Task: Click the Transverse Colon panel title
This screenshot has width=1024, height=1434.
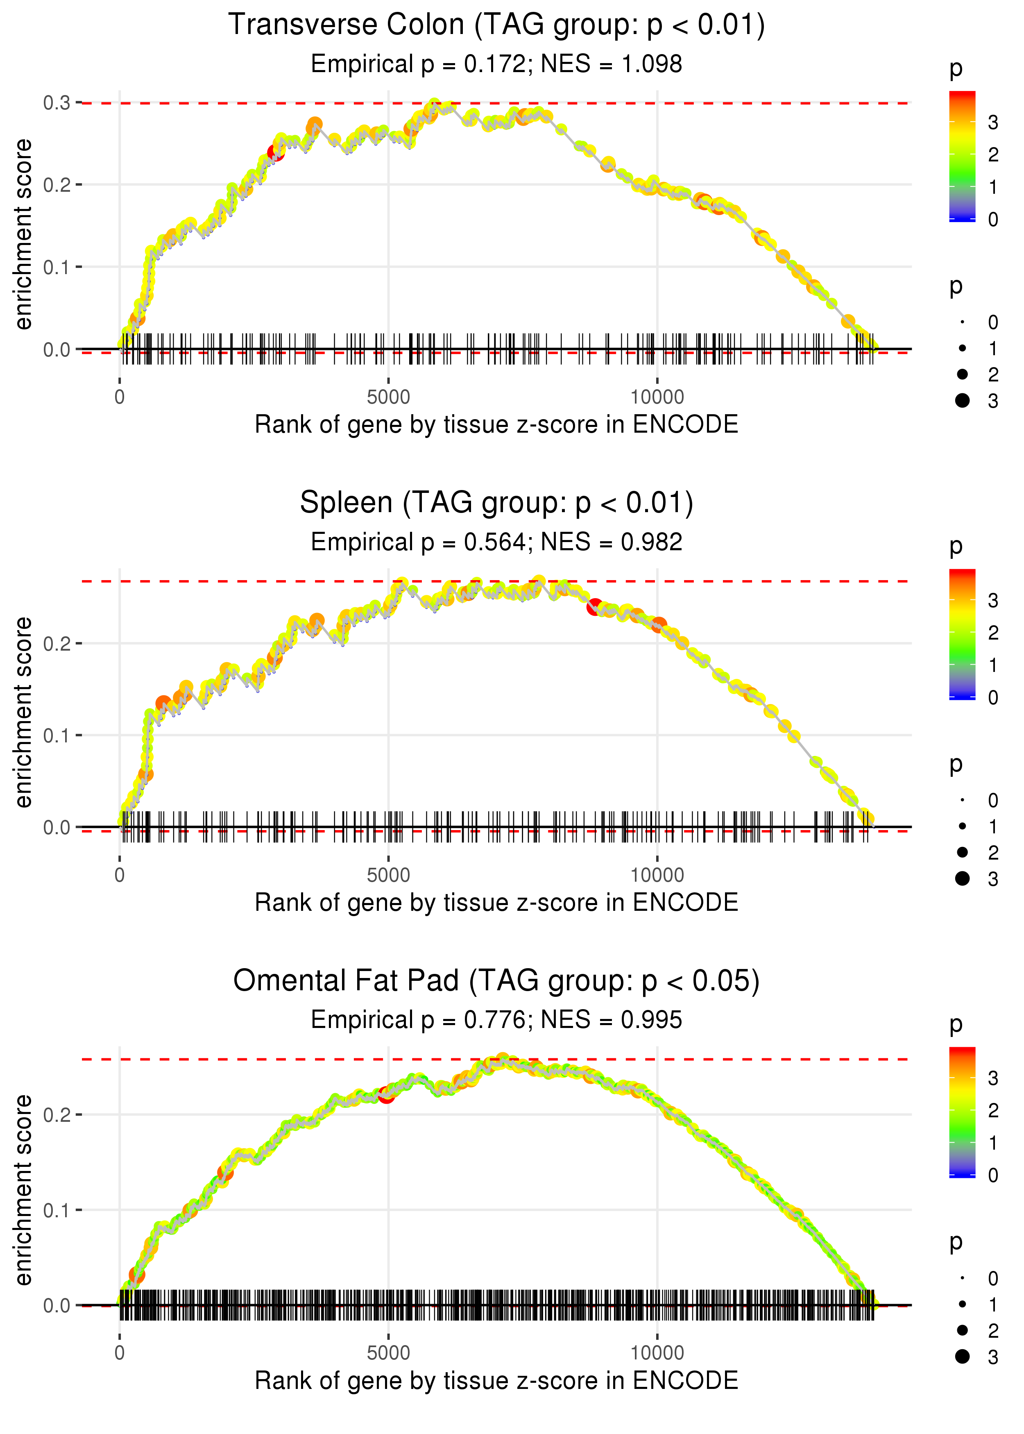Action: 496,25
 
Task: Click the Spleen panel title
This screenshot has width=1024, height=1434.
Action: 496,503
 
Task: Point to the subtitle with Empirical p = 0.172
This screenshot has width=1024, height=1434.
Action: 496,64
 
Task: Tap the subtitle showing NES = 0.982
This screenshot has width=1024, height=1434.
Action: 496,542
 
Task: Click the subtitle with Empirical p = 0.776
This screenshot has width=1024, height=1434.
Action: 496,1020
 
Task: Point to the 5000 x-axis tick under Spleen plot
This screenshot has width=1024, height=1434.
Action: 388,875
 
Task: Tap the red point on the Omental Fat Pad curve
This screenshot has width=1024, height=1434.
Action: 386,1095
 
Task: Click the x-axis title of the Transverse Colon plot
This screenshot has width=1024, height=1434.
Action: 496,424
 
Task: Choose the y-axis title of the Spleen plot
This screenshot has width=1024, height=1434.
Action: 23,712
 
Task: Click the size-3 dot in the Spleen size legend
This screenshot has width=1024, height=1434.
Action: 962,878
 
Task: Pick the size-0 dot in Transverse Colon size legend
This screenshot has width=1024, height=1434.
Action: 962,322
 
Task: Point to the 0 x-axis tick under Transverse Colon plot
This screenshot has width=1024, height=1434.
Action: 120,397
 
